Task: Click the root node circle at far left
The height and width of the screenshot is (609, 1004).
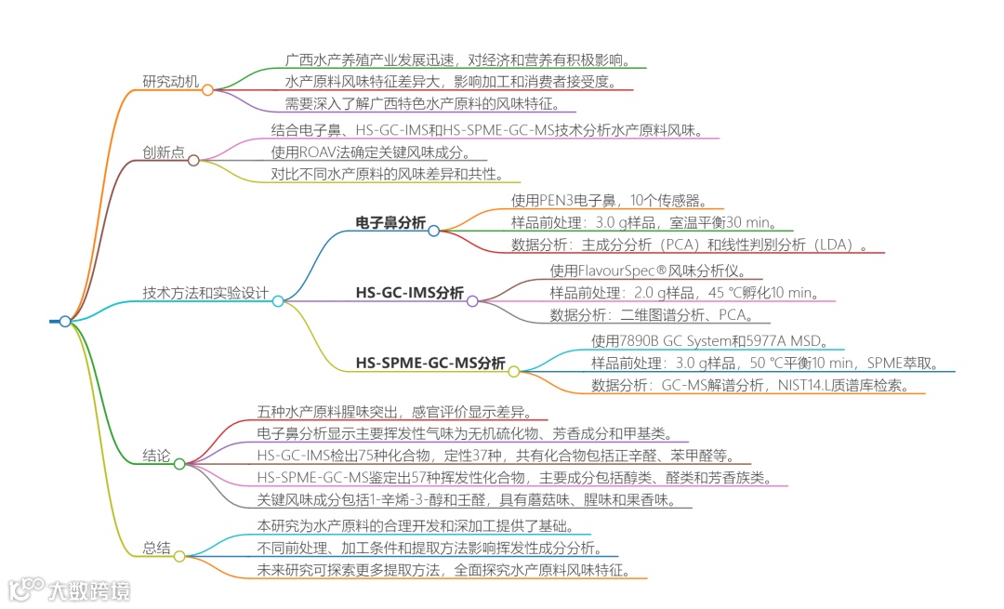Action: (65, 322)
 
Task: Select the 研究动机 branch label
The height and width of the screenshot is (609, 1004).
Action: (171, 81)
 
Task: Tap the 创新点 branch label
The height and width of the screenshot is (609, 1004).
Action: (164, 152)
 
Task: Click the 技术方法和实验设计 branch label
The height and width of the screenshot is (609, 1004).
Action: (205, 292)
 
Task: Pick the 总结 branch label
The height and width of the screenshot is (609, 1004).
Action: (156, 549)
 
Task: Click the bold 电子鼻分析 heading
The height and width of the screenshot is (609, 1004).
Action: (390, 222)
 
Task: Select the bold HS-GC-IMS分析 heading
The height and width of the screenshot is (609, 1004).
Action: (409, 292)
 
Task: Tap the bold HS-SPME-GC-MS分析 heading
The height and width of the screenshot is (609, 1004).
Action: (430, 363)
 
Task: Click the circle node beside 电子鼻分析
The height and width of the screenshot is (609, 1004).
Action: (433, 230)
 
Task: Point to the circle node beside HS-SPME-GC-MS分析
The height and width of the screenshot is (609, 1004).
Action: (513, 370)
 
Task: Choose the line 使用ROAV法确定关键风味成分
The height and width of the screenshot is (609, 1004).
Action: (371, 152)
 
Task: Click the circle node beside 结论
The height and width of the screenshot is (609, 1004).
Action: (179, 463)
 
